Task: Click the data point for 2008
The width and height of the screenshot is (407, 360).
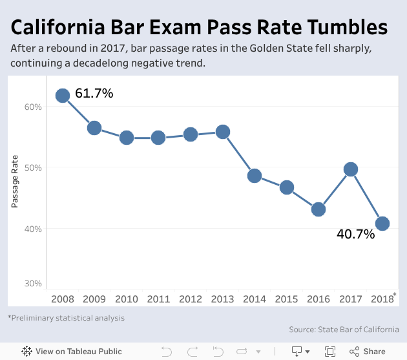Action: pyautogui.click(x=63, y=96)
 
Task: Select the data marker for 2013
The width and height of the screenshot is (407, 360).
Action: pyautogui.click(x=222, y=132)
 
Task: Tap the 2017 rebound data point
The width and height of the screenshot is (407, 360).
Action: pyautogui.click(x=350, y=169)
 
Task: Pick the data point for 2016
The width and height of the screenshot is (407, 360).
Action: pyautogui.click(x=318, y=209)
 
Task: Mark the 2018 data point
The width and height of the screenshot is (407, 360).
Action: pyautogui.click(x=382, y=224)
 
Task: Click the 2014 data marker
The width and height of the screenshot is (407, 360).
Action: pyautogui.click(x=255, y=176)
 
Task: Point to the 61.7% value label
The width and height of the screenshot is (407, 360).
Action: pyautogui.click(x=94, y=94)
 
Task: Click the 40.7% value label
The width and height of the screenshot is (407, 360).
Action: pyautogui.click(x=355, y=235)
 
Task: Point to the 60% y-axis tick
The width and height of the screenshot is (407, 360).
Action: pyautogui.click(x=33, y=107)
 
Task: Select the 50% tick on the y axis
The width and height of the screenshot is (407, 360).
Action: pyautogui.click(x=33, y=167)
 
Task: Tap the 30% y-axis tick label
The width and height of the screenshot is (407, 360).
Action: pyautogui.click(x=33, y=283)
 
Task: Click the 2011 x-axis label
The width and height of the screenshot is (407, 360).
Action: pyautogui.click(x=158, y=299)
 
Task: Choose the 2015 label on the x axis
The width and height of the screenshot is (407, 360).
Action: pyautogui.click(x=286, y=299)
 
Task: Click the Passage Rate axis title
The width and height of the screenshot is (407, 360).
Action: pyautogui.click(x=14, y=182)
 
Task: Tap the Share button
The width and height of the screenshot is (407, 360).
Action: pyautogui.click(x=368, y=352)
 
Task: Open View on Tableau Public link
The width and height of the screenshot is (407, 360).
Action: pyautogui.click(x=59, y=352)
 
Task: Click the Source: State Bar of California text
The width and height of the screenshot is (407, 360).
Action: pyautogui.click(x=344, y=330)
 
